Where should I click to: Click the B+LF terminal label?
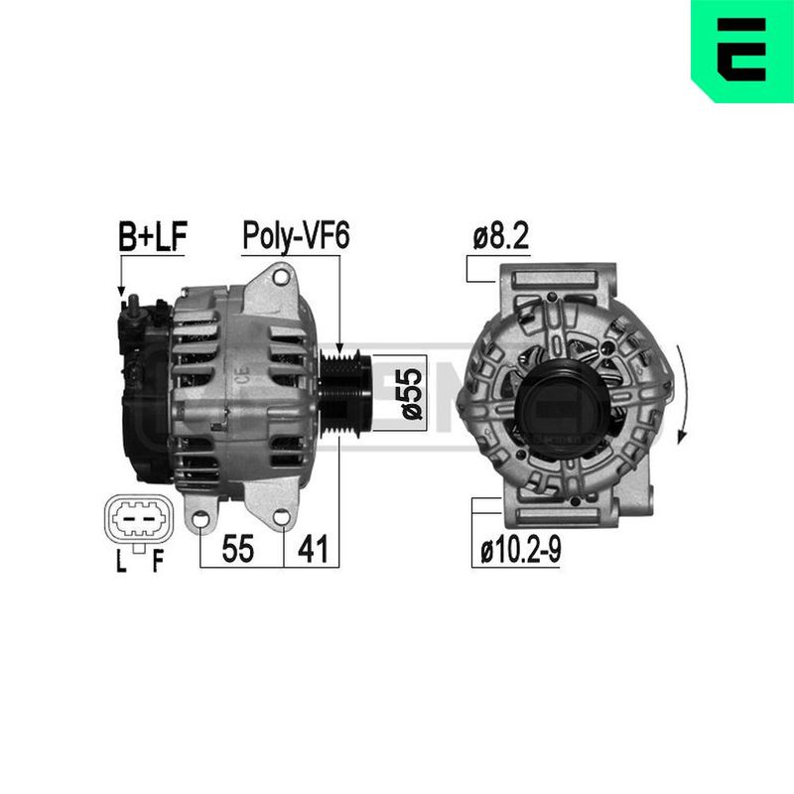pos(152,236)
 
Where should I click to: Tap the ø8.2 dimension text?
pos(501,237)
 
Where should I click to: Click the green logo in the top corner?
pos(741,51)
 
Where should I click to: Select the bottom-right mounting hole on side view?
pos(282,517)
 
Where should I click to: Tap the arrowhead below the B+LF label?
pos(122,293)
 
